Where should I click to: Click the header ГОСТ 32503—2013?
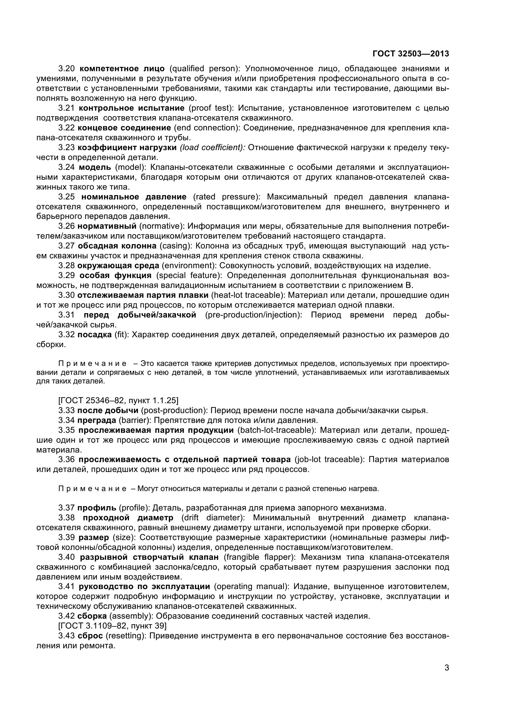410,54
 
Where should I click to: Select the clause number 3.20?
66,69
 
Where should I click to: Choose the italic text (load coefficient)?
212,148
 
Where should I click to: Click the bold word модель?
95,167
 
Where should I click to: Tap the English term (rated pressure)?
226,197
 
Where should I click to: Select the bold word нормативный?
107,226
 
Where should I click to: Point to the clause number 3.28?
66,266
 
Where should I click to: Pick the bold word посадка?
94,335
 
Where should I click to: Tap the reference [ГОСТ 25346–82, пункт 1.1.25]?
118,400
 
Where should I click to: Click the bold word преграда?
97,420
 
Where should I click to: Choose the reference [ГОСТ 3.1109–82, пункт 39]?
113,626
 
